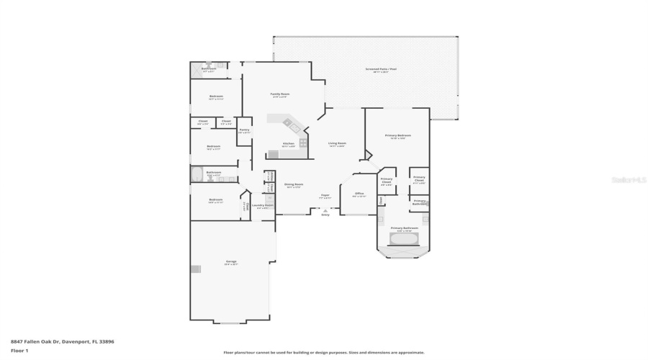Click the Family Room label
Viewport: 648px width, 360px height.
(x=279, y=94)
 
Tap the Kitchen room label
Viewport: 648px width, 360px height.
(x=288, y=143)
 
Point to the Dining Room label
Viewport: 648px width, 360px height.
(x=293, y=184)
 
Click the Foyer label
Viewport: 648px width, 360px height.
(x=325, y=195)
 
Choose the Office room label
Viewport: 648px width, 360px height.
(x=359, y=194)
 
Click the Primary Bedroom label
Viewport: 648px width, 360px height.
(x=397, y=135)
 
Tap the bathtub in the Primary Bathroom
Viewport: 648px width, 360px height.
(x=403, y=238)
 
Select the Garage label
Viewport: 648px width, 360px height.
(x=231, y=261)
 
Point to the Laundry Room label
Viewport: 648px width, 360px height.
(x=262, y=205)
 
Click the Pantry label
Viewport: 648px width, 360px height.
(x=244, y=130)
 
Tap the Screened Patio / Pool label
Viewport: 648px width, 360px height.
(x=381, y=70)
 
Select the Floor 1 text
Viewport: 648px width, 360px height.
(x=19, y=351)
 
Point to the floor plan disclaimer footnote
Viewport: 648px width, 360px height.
(x=323, y=352)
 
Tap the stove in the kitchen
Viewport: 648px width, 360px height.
(x=303, y=143)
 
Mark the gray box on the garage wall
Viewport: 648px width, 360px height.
(x=195, y=269)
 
